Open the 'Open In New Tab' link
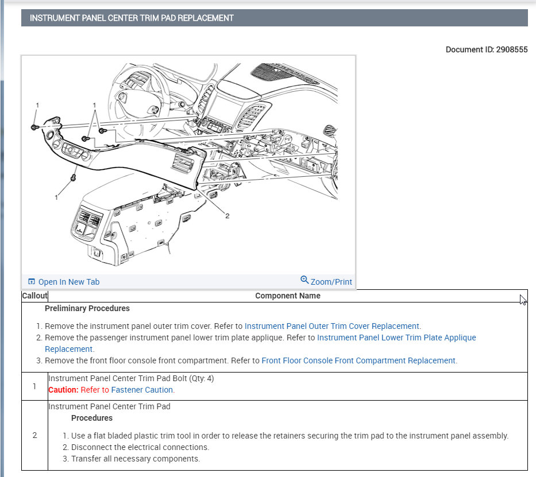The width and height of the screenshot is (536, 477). tap(68, 282)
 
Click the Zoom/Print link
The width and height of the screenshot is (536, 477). tap(331, 282)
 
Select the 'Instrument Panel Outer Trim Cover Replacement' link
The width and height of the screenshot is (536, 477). tap(332, 326)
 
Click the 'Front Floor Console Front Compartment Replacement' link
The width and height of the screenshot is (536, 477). tap(358, 360)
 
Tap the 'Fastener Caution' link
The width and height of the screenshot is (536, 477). tap(142, 390)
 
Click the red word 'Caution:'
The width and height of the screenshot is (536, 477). tap(63, 390)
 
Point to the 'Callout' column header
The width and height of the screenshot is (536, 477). tap(34, 296)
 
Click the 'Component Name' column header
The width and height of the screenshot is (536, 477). tap(287, 296)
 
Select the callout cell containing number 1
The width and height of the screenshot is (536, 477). tap(34, 386)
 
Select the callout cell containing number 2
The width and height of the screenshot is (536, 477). tap(34, 435)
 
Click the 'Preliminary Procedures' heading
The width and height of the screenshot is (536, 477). tap(87, 308)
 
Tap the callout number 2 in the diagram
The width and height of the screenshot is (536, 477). tap(227, 216)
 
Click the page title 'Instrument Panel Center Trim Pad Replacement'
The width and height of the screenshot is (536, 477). tap(132, 18)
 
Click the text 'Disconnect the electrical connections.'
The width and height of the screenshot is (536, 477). tap(140, 447)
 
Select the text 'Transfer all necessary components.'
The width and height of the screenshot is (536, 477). tap(136, 459)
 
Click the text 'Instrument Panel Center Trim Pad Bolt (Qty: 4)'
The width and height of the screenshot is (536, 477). tap(131, 379)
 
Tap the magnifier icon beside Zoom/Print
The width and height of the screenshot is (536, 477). tap(304, 280)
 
